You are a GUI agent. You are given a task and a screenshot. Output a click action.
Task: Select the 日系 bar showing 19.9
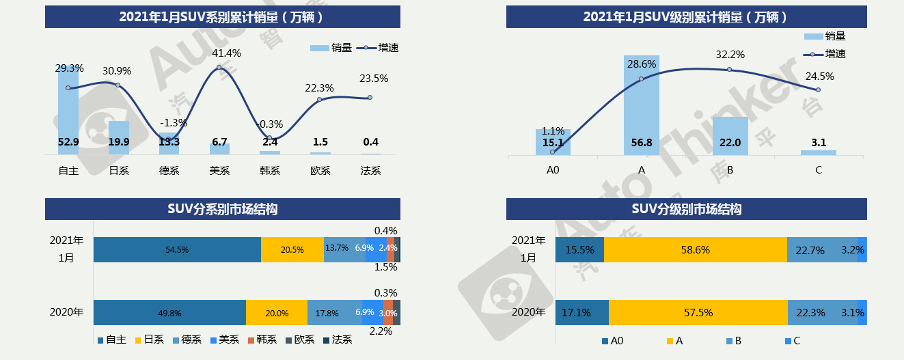tap(118, 138)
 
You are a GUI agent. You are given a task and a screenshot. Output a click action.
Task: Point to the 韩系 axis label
tap(270, 170)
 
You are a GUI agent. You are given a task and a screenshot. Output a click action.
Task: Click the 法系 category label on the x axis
tap(370, 170)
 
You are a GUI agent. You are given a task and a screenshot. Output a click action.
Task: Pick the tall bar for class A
tap(642, 106)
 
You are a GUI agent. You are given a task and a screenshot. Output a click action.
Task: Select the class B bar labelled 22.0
tap(730, 136)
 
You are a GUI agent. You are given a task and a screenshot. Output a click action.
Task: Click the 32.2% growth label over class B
tap(730, 55)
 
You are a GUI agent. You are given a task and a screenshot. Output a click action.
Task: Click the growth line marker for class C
tap(818, 89)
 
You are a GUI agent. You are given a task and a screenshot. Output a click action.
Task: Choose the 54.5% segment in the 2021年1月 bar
tap(177, 250)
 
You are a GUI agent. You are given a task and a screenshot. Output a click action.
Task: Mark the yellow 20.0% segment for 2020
tap(276, 312)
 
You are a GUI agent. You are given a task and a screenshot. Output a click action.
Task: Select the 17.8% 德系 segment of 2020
tap(327, 312)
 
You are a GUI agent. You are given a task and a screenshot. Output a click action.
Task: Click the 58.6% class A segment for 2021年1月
tap(696, 250)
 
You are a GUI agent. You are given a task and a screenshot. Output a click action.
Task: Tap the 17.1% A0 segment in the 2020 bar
tap(581, 312)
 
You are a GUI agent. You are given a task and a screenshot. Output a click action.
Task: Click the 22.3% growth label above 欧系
tap(319, 87)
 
